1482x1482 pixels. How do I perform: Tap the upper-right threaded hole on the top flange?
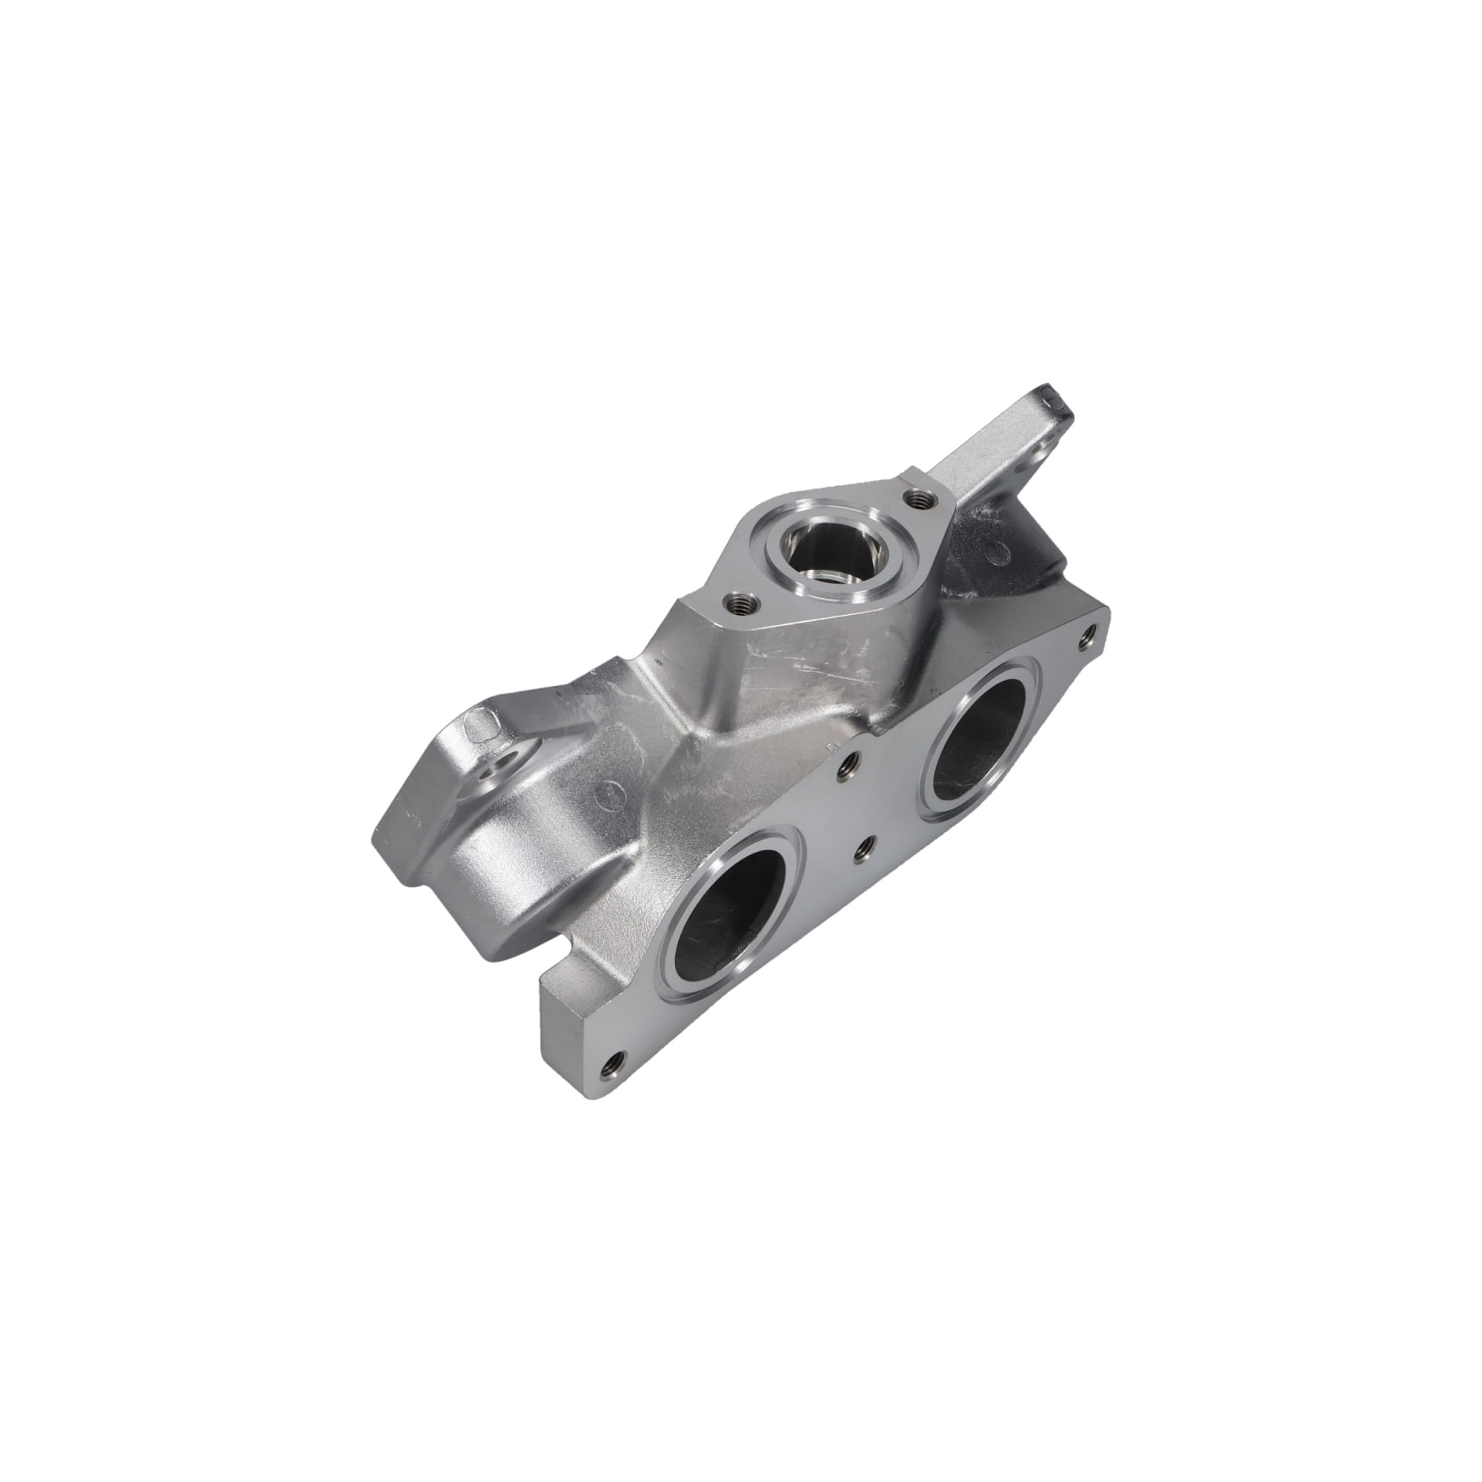coord(918,500)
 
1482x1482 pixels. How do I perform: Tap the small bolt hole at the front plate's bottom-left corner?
coord(613,1062)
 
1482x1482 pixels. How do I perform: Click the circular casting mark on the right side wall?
coord(996,549)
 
